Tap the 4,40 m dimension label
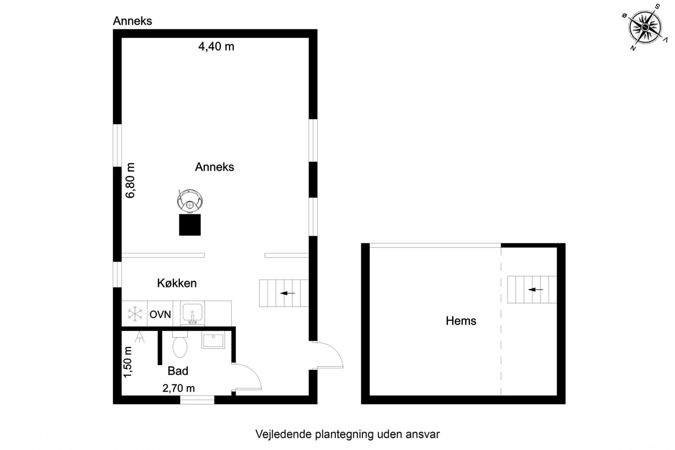(x=216, y=46)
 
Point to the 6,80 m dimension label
(x=130, y=180)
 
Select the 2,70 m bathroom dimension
(x=178, y=388)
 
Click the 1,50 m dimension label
(x=128, y=362)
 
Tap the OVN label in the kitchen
(x=160, y=314)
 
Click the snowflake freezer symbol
(x=135, y=314)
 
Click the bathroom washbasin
(x=213, y=340)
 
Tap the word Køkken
(x=177, y=283)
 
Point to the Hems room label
(x=461, y=321)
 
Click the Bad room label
(x=178, y=371)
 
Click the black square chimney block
(x=190, y=224)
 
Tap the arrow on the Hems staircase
(x=536, y=290)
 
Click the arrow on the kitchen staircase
(x=288, y=293)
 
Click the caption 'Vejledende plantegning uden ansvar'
(x=347, y=434)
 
